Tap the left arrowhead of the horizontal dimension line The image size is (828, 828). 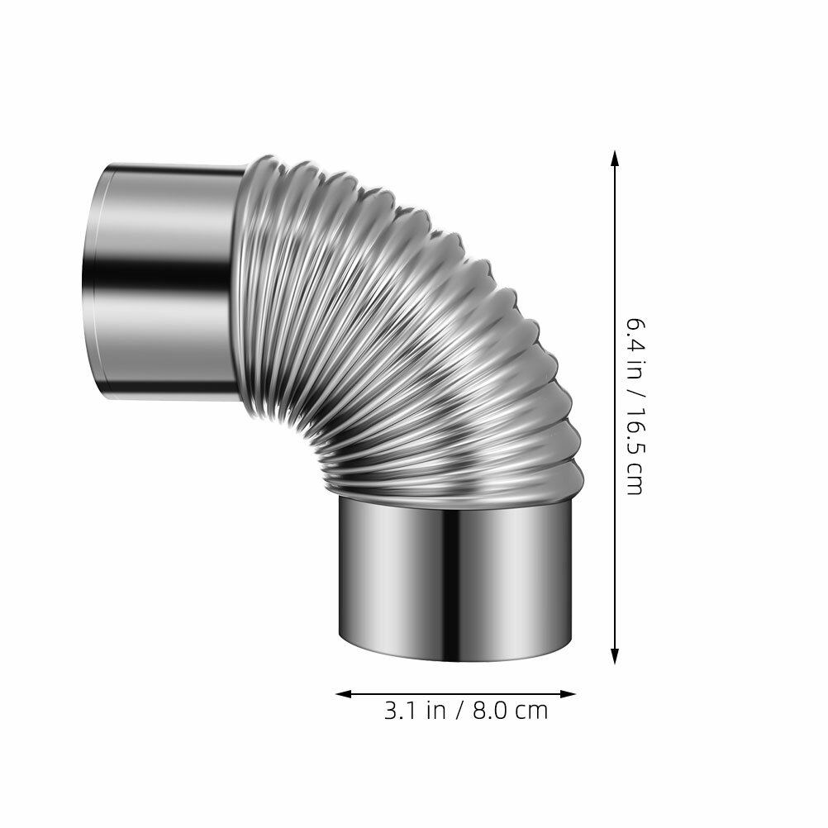coord(344,694)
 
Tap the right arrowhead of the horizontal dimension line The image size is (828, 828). coord(568,694)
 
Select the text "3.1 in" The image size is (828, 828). coord(415,711)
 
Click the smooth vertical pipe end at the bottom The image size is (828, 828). coord(454,578)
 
